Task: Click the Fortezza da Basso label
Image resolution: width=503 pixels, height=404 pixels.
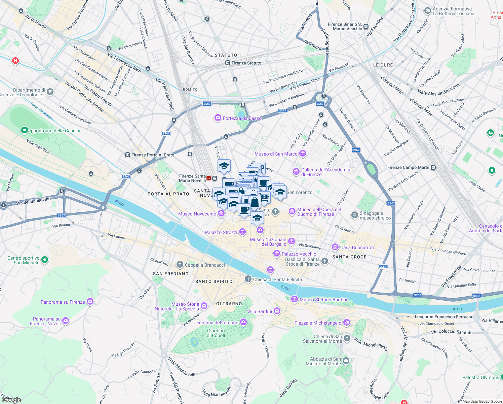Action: (242, 118)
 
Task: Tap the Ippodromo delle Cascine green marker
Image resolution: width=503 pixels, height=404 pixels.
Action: (24, 130)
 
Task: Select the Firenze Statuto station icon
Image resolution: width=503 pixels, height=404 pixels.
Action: (228, 63)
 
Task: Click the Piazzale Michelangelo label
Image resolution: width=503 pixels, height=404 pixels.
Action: (318, 323)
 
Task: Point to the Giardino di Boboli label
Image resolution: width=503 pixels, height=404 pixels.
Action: (216, 333)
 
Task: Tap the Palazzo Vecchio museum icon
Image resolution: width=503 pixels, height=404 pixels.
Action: (277, 254)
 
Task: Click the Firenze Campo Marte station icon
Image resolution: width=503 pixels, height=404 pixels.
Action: (433, 167)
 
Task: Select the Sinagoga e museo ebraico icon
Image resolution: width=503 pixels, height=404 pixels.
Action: (354, 215)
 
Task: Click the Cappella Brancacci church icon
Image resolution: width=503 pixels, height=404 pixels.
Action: (180, 265)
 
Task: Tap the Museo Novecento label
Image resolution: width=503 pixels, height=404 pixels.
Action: (197, 214)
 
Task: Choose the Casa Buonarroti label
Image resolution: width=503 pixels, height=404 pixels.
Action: (357, 247)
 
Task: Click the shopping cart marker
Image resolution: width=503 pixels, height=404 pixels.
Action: (265, 197)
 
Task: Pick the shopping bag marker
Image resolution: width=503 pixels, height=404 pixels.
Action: (255, 202)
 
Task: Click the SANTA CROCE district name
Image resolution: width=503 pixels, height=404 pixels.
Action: (349, 257)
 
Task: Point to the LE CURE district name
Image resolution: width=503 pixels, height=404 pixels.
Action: (383, 65)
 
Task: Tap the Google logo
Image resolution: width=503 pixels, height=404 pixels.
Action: (11, 400)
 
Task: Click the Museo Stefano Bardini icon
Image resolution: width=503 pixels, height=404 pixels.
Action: (295, 299)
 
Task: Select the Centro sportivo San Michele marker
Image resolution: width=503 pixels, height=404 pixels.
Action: (45, 260)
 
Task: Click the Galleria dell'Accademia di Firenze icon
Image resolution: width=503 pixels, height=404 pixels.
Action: (296, 172)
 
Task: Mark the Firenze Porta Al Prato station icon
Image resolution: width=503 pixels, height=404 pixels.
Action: (127, 155)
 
